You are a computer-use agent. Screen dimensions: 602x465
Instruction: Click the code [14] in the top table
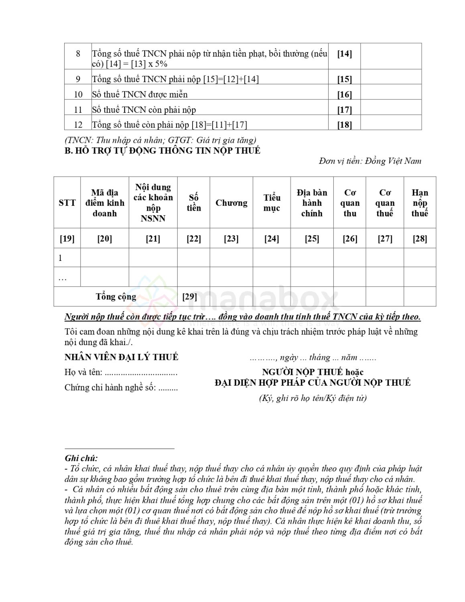point(344,54)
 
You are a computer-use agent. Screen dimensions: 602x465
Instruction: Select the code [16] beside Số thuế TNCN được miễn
point(344,95)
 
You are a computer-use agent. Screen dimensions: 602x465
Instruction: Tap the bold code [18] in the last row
point(344,125)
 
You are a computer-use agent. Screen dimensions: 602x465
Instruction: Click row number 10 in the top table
point(78,95)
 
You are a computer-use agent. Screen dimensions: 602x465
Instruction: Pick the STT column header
point(67,203)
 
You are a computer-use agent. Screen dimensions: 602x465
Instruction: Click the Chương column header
point(231,203)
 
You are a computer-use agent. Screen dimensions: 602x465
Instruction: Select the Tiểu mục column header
point(272,203)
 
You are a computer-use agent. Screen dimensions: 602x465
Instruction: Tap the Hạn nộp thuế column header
point(420,203)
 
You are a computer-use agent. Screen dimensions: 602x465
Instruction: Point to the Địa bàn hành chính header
point(312,203)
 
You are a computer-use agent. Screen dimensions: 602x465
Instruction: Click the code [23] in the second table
point(231,239)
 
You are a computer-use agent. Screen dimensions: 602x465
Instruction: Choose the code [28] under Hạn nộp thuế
point(420,239)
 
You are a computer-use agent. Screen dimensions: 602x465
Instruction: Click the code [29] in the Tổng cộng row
point(189,297)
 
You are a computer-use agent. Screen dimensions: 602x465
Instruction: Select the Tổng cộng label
point(116,297)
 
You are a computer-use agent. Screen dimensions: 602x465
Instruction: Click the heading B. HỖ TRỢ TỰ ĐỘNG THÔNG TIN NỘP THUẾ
point(162,151)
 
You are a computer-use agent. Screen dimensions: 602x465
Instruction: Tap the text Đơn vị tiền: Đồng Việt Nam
point(370,161)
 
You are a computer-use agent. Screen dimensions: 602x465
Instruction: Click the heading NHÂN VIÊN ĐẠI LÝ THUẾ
point(121,357)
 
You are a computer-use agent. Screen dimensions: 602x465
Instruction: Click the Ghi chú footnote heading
point(81,458)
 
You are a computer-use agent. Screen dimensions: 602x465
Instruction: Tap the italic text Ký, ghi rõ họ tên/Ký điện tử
point(313,398)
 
